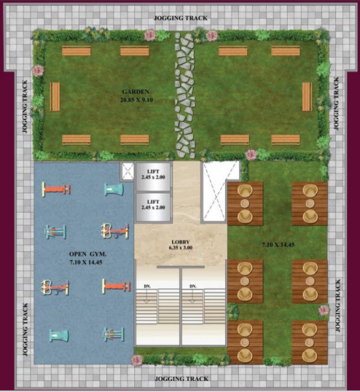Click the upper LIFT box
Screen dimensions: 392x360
(x=153, y=176)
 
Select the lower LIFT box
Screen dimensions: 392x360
(x=153, y=204)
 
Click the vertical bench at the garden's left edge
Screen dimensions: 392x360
(x=55, y=96)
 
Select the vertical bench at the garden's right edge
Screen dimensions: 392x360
(x=307, y=96)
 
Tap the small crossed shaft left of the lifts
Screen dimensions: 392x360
(x=127, y=171)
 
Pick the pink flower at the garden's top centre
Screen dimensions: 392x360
(x=151, y=35)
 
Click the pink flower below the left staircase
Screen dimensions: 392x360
(x=137, y=360)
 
